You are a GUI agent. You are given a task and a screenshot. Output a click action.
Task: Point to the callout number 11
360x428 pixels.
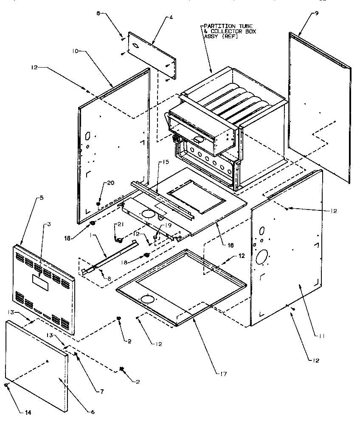click(x=322, y=336)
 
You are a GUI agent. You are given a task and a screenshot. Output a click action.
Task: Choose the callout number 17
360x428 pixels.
click(x=223, y=374)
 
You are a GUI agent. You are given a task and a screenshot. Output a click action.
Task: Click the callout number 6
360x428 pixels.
click(x=93, y=412)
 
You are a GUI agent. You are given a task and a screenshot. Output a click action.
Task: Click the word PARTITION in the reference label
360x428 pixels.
click(x=216, y=26)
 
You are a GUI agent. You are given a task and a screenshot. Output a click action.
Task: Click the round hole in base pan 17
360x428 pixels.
click(x=147, y=299)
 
